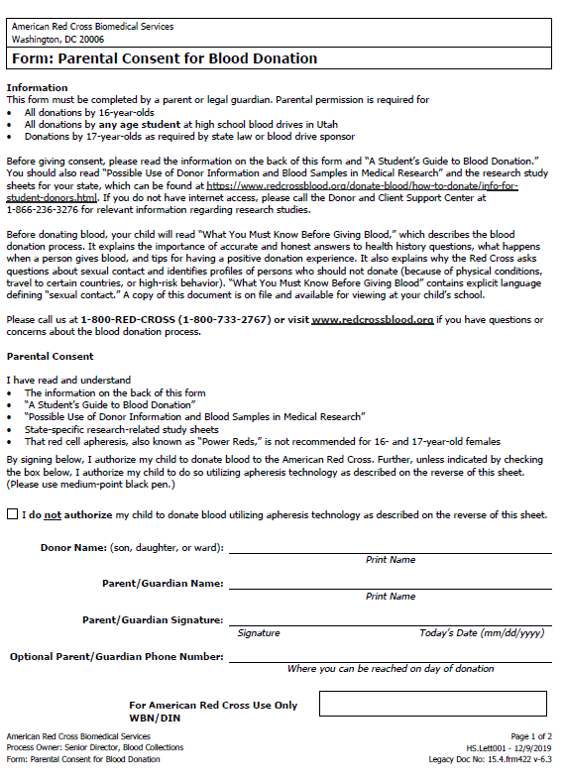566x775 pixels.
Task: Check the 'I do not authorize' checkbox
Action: pos(12,514)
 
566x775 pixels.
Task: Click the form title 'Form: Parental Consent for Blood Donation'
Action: pos(165,58)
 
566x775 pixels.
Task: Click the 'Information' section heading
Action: pos(37,88)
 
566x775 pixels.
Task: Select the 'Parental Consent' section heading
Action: pos(51,356)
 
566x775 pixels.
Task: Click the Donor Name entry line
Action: pos(390,547)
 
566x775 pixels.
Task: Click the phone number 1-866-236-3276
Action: pos(47,210)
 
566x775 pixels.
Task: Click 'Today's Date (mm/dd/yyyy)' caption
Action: pos(482,633)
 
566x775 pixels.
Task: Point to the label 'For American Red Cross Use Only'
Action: pos(213,706)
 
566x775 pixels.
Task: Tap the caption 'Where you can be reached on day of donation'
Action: pos(391,669)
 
